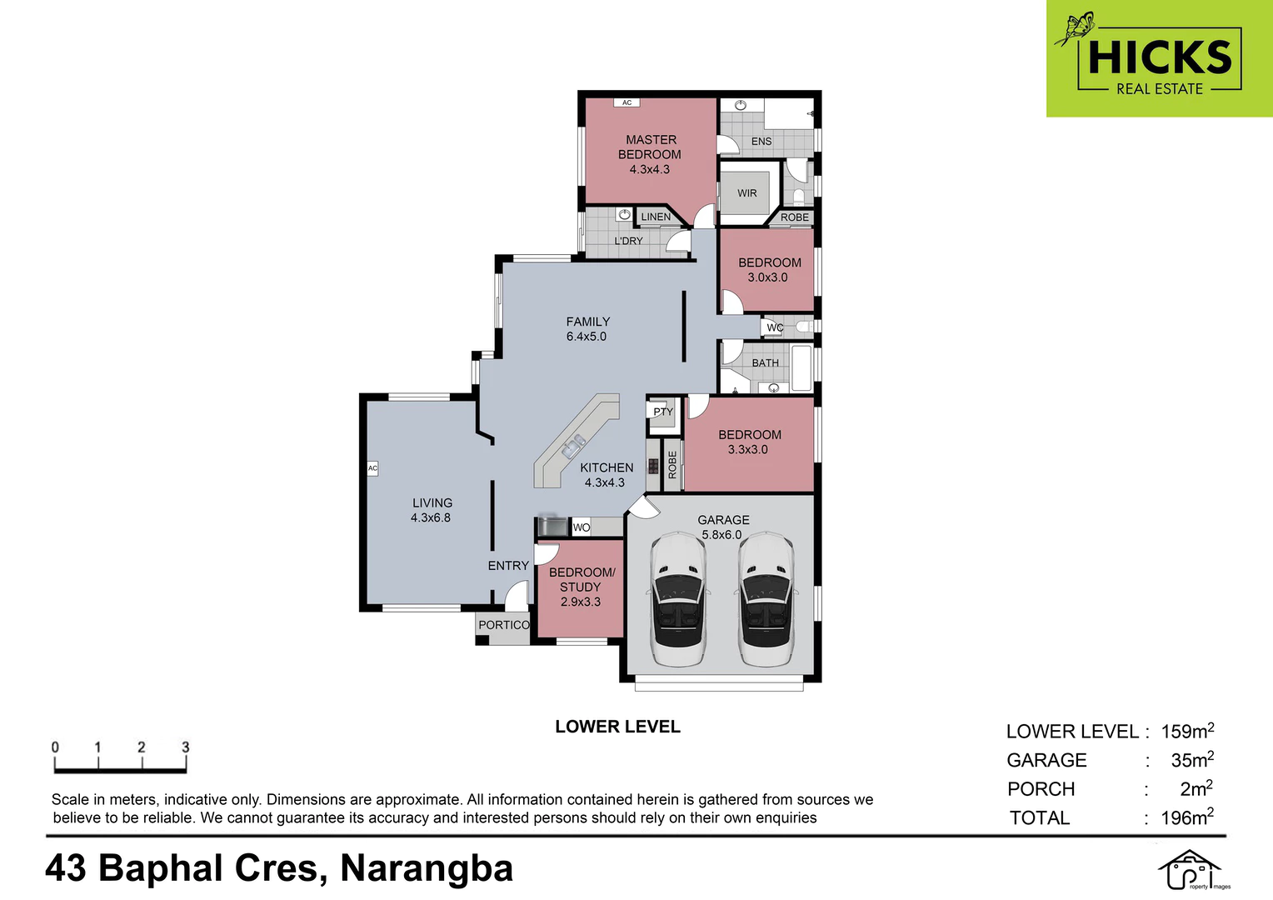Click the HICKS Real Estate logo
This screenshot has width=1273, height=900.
click(1160, 58)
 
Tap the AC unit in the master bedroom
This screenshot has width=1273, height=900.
click(627, 102)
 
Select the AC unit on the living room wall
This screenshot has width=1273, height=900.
click(372, 468)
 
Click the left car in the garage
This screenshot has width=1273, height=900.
click(677, 598)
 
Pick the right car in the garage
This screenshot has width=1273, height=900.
click(766, 598)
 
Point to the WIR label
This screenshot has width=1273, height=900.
click(746, 193)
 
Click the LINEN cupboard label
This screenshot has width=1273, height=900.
click(656, 217)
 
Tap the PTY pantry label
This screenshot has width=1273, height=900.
click(663, 412)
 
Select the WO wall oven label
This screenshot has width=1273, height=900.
click(582, 527)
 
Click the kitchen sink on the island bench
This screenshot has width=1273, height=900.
click(573, 447)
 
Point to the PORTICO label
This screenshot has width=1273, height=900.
click(504, 625)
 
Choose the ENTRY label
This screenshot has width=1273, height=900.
click(508, 566)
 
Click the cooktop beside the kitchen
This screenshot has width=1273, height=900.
click(653, 466)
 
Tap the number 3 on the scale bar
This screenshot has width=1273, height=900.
click(185, 747)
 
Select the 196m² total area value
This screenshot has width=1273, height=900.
click(1187, 817)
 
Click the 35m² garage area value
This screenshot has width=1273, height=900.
click(1192, 759)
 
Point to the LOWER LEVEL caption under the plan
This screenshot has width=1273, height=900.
click(617, 727)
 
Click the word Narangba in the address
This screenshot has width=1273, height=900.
click(427, 868)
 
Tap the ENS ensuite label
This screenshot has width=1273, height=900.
click(761, 142)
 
